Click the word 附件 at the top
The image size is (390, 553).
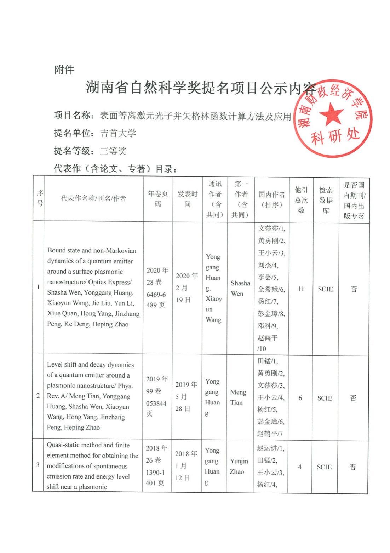click(x=64, y=70)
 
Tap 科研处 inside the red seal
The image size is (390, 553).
click(x=335, y=136)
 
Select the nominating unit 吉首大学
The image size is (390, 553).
click(x=118, y=133)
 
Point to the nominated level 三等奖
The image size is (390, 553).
click(x=113, y=151)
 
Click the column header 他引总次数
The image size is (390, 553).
click(x=301, y=200)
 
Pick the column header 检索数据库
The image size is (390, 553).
click(x=326, y=200)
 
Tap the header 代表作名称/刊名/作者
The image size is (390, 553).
click(x=93, y=199)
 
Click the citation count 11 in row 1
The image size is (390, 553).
click(x=301, y=289)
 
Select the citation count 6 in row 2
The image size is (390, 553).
click(x=300, y=398)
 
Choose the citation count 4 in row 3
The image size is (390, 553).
click(x=300, y=467)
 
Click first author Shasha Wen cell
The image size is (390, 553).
click(x=240, y=288)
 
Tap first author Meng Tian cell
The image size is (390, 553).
click(x=238, y=397)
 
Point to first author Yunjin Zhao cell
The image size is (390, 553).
click(x=239, y=466)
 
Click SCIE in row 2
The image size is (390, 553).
click(x=325, y=398)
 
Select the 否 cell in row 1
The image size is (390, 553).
click(x=354, y=289)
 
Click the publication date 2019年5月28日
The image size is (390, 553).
click(x=186, y=396)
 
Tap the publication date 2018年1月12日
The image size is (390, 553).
click(x=186, y=465)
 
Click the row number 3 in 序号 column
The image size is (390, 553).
click(x=38, y=465)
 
